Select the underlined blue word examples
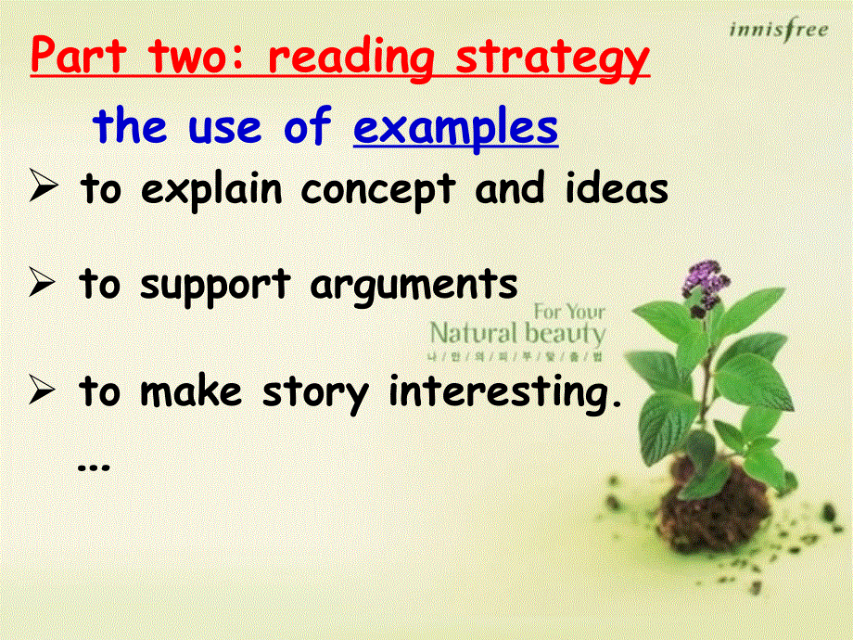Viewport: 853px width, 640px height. [x=455, y=128]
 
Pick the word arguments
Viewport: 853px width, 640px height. [x=414, y=285]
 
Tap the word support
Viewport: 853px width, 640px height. [x=215, y=285]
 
